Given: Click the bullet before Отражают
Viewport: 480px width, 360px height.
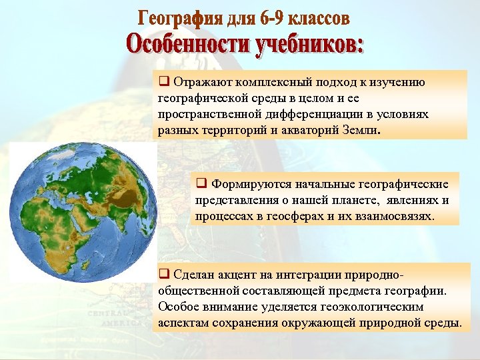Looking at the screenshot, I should [163, 83].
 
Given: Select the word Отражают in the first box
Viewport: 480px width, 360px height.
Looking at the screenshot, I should [201, 83].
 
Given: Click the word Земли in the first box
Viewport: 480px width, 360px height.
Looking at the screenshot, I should [359, 131].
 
